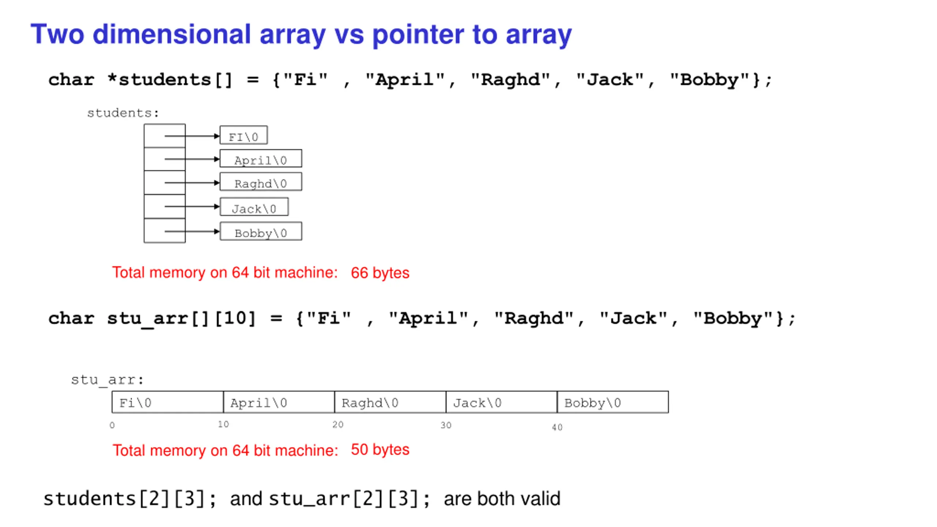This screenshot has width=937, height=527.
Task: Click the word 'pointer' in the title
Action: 418,35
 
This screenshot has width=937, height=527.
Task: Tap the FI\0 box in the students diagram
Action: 243,136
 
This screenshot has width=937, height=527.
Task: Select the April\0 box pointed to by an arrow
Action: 261,159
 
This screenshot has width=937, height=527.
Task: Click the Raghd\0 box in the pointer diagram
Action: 261,182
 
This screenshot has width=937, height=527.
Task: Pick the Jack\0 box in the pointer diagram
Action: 254,208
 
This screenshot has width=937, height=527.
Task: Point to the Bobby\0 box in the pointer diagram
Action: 261,232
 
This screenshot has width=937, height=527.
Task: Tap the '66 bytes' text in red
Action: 380,273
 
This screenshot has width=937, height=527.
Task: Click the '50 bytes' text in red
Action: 380,450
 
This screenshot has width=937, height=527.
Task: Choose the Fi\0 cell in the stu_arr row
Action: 168,403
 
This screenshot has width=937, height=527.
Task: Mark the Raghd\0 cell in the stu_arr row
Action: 390,403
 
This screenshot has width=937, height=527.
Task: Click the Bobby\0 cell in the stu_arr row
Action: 612,403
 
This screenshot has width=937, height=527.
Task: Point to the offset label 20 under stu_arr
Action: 338,425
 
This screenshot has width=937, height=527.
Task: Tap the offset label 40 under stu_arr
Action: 557,427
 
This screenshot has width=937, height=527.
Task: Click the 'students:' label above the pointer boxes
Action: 123,113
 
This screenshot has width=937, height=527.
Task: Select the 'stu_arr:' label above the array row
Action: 107,380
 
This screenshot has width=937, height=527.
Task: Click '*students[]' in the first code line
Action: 170,80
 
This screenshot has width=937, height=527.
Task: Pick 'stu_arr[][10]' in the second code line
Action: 181,318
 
